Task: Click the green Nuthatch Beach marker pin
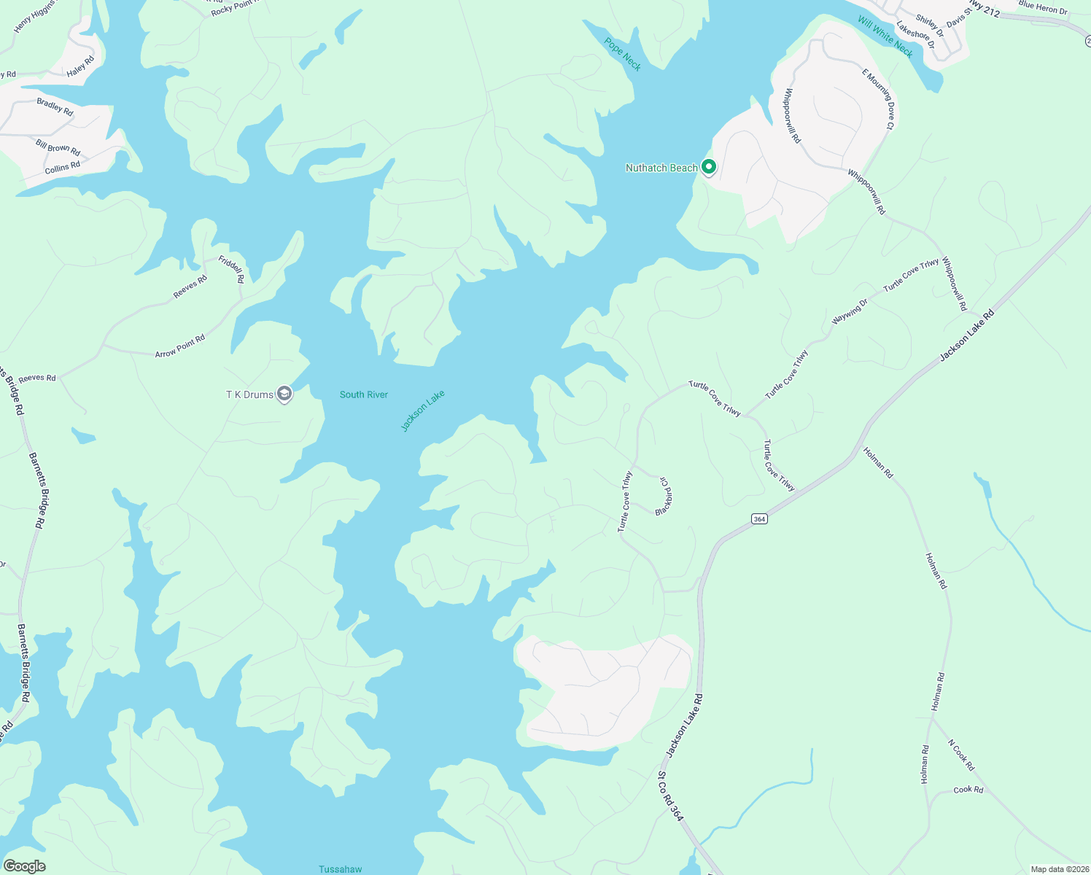pyautogui.click(x=708, y=167)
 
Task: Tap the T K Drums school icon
pyautogui.click(x=284, y=394)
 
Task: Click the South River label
pyautogui.click(x=364, y=394)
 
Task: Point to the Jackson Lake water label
pyautogui.click(x=423, y=411)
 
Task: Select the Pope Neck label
pyautogui.click(x=623, y=54)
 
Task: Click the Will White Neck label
pyautogui.click(x=885, y=36)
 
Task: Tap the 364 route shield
pyautogui.click(x=759, y=518)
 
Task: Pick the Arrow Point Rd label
pyautogui.click(x=180, y=346)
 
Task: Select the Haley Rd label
pyautogui.click(x=80, y=67)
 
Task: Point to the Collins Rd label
pyautogui.click(x=63, y=168)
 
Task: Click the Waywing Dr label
pyautogui.click(x=850, y=312)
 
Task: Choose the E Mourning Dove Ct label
pyautogui.click(x=878, y=99)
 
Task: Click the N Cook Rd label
pyautogui.click(x=961, y=755)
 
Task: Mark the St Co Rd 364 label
pyautogui.click(x=671, y=796)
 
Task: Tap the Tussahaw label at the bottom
pyautogui.click(x=341, y=868)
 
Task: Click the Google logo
pyautogui.click(x=24, y=866)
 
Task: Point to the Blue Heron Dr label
pyautogui.click(x=1043, y=8)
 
